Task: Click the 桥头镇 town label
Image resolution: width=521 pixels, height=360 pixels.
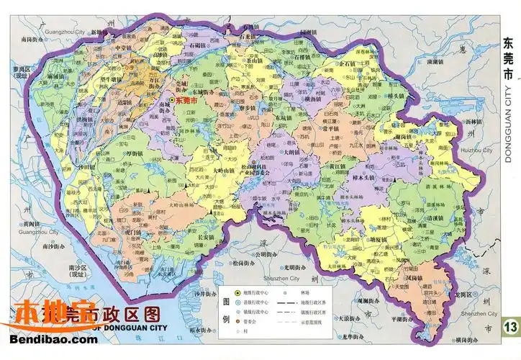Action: coord(396,95)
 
